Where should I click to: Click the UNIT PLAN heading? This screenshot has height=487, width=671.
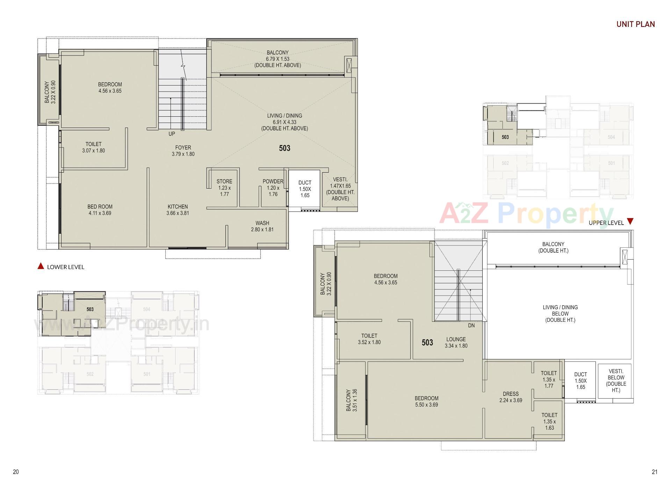(635, 24)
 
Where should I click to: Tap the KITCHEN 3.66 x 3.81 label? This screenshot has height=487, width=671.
(178, 210)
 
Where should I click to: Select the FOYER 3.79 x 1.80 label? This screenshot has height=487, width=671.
(183, 151)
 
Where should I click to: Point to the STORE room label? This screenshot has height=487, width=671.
(224, 188)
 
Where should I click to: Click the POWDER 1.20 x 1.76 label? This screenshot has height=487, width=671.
(273, 188)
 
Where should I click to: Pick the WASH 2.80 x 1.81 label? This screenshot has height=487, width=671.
(262, 226)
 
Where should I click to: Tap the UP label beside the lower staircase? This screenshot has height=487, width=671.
(172, 134)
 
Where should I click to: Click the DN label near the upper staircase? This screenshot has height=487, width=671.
(471, 325)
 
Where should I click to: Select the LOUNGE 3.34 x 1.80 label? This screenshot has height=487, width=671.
(456, 342)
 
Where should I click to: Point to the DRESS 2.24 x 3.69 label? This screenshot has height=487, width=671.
(511, 397)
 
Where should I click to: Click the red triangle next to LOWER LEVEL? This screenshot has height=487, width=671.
(41, 267)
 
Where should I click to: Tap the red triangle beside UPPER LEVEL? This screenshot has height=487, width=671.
(630, 221)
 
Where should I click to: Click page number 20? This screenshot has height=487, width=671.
(16, 472)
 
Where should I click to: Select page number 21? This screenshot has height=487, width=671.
(654, 472)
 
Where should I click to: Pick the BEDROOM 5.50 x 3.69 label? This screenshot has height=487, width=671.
(426, 401)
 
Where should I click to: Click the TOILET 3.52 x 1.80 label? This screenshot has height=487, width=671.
(369, 339)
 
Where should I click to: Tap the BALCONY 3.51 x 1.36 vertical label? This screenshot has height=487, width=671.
(351, 400)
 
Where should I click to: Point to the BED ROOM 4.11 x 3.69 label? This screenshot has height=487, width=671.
(100, 210)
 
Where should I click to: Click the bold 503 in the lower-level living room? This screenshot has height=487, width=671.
(284, 148)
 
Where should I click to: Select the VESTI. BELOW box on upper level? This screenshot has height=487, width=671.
(615, 380)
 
